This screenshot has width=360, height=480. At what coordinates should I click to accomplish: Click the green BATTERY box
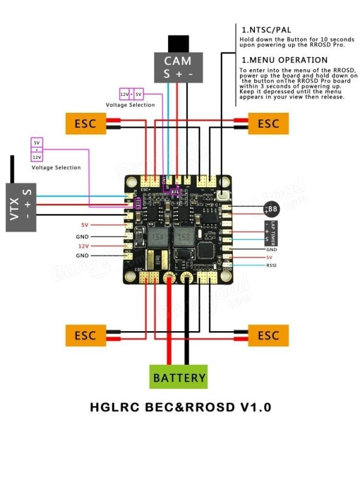tap(178, 378)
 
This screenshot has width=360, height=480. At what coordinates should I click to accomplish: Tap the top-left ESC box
tap(85, 124)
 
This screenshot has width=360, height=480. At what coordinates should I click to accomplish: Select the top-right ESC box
tap(268, 124)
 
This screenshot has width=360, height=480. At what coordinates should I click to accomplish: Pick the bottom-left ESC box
tap(85, 335)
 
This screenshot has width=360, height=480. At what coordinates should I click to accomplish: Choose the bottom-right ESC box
tap(268, 335)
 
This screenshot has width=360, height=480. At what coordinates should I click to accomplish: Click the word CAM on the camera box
tap(178, 61)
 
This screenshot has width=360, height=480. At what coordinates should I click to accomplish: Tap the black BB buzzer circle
tap(272, 209)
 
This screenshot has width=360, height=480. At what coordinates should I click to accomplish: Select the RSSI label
tap(272, 265)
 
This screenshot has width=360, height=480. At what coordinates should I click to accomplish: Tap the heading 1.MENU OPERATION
tap(284, 60)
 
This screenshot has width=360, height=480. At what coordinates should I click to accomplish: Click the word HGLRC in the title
tap(115, 407)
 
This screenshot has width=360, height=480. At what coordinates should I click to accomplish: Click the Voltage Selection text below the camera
tap(130, 105)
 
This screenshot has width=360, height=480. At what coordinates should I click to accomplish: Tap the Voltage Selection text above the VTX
tap(56, 167)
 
